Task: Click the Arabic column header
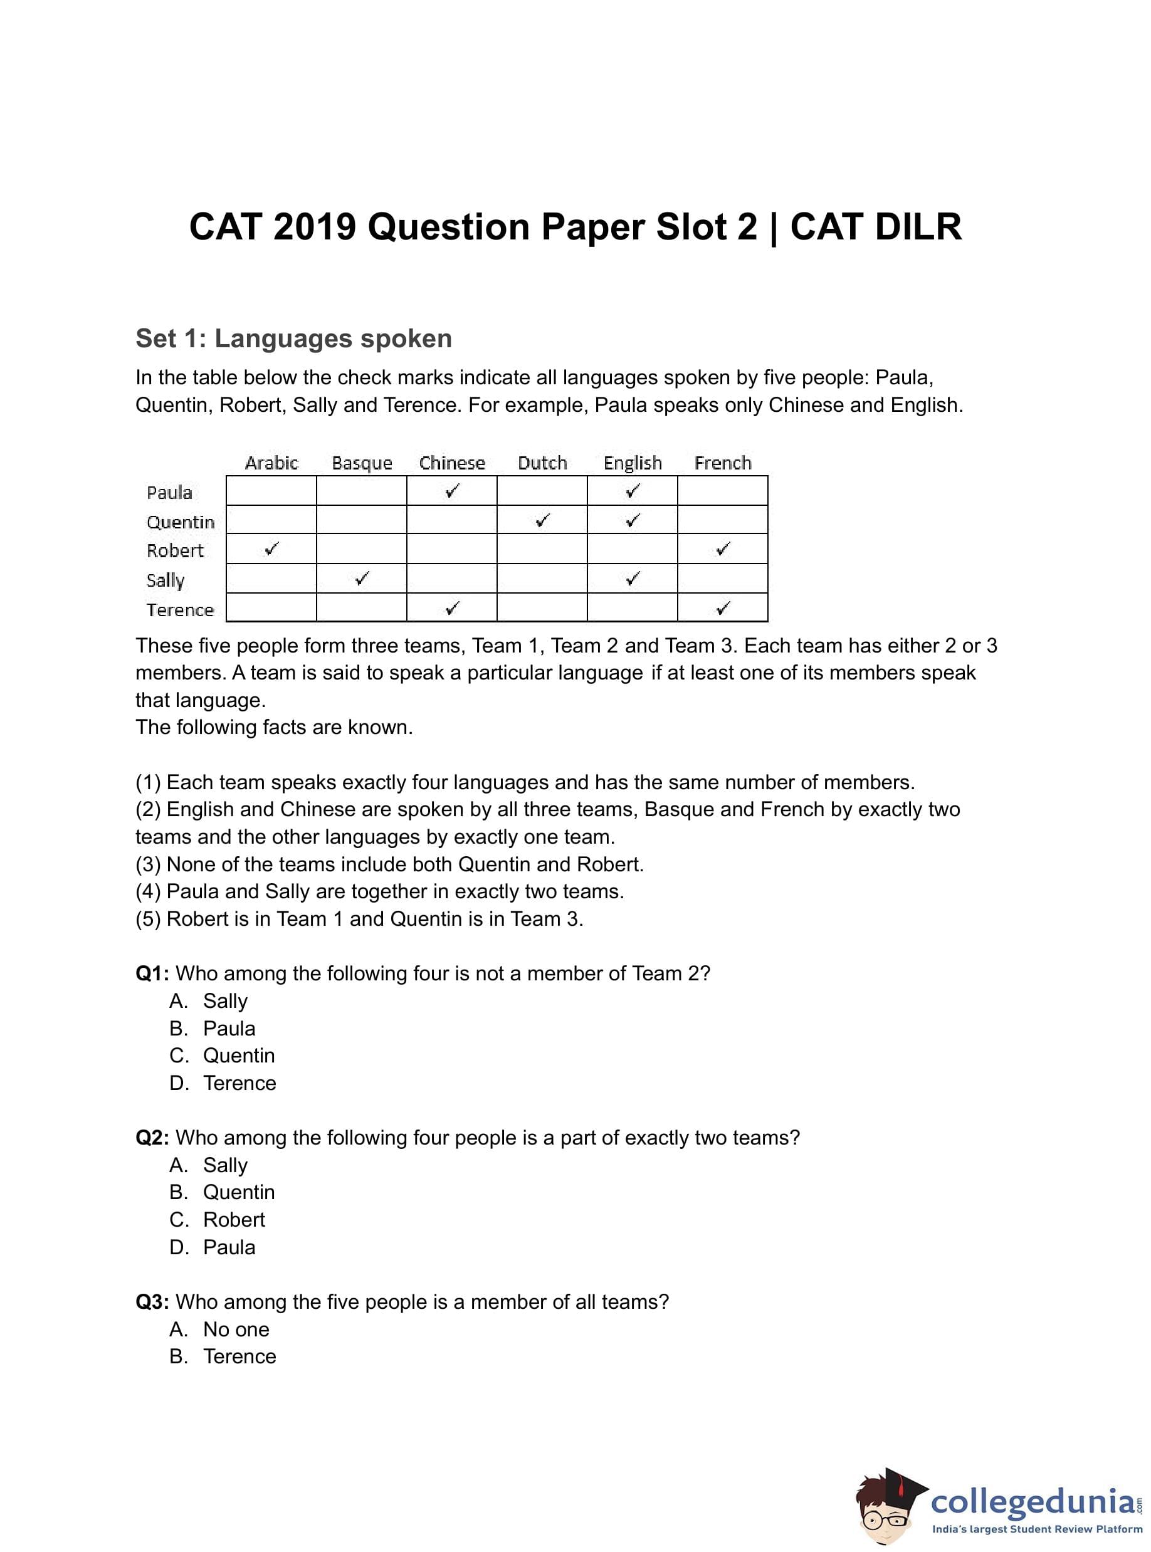pyautogui.click(x=271, y=463)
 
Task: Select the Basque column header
pyautogui.click(x=362, y=463)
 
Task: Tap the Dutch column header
pyautogui.click(x=542, y=463)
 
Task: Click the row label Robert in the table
pyautogui.click(x=175, y=550)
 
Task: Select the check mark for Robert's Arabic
pyautogui.click(x=271, y=549)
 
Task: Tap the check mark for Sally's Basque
pyautogui.click(x=362, y=578)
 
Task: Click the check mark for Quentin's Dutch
pyautogui.click(x=542, y=520)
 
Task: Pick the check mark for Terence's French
pyautogui.click(x=723, y=608)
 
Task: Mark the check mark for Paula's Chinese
pyautogui.click(x=452, y=490)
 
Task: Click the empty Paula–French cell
pyautogui.click(x=723, y=490)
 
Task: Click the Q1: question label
pyautogui.click(x=152, y=973)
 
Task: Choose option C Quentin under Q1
pyautogui.click(x=238, y=1056)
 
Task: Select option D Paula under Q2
pyautogui.click(x=229, y=1247)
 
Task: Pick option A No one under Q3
pyautogui.click(x=236, y=1329)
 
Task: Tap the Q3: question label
pyautogui.click(x=152, y=1302)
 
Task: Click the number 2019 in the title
pyautogui.click(x=315, y=227)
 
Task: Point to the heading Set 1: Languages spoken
pyautogui.click(x=293, y=338)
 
